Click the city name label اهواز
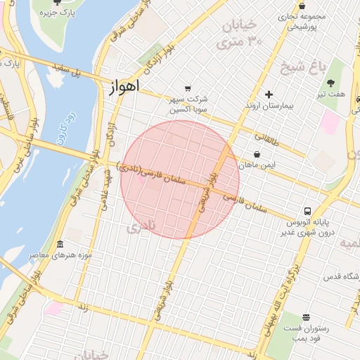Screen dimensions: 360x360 coord(125,86)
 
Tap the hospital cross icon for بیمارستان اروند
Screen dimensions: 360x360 coord(269,94)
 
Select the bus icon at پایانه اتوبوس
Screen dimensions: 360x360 coord(308,211)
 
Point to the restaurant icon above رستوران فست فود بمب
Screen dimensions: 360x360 coord(306,318)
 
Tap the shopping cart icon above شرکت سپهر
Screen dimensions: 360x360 coord(187,89)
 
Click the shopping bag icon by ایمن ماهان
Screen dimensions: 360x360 coord(257,154)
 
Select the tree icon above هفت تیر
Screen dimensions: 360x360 coord(331,83)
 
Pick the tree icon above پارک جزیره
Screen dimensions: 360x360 coord(56,3)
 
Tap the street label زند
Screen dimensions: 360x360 coord(83,307)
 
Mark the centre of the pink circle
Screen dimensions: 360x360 coord(180,179)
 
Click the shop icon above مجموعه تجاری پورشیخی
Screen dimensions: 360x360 coord(302,6)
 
